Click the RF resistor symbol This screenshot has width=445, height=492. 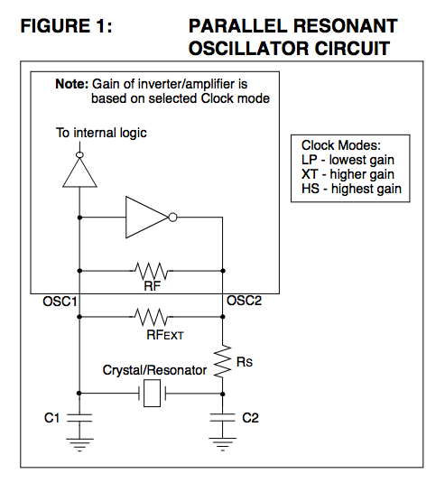tap(152, 271)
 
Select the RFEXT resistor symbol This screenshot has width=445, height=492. tap(152, 317)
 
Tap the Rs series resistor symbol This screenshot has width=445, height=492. tap(222, 361)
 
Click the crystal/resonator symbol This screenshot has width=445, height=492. tap(152, 394)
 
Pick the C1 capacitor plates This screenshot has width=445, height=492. tap(79, 418)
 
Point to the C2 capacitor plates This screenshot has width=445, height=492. tap(222, 418)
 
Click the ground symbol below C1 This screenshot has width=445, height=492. tap(79, 445)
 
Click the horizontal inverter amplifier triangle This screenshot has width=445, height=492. tap(147, 218)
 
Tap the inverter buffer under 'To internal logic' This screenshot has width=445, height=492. tap(79, 172)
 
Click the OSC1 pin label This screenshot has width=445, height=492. tap(60, 302)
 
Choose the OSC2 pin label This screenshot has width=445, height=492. tap(244, 301)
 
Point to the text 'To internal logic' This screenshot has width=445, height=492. tap(101, 133)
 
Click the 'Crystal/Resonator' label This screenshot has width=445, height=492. tap(154, 370)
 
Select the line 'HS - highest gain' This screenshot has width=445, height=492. tap(351, 189)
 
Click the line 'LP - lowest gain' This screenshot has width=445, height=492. tap(348, 160)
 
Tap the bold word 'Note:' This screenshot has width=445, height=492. tap(72, 84)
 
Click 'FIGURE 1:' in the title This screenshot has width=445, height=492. tap(66, 26)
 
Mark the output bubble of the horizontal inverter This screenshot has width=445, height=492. tap(173, 218)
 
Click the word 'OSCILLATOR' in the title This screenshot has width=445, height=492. tap(248, 49)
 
